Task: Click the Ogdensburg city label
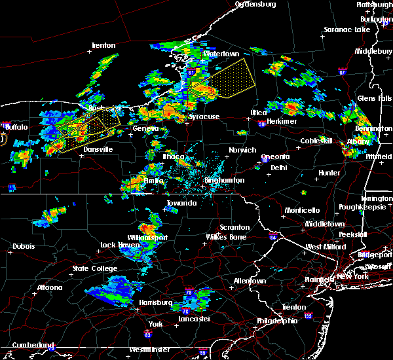click(257, 4)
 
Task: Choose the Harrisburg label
click(154, 302)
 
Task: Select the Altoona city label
click(49, 287)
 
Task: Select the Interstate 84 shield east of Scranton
click(272, 237)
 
